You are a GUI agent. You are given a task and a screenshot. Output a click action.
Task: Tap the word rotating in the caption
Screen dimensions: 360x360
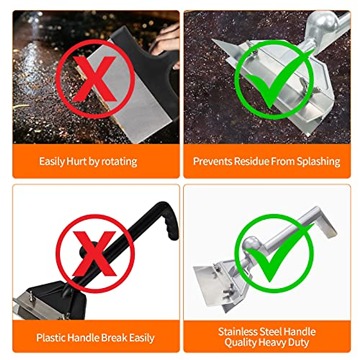click(x=119, y=161)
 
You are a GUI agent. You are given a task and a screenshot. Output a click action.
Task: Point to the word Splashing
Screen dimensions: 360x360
click(x=318, y=161)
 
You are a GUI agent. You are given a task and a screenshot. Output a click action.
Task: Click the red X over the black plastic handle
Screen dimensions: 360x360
click(x=95, y=254)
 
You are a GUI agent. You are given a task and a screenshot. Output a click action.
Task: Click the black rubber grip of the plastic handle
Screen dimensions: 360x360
click(x=169, y=220)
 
